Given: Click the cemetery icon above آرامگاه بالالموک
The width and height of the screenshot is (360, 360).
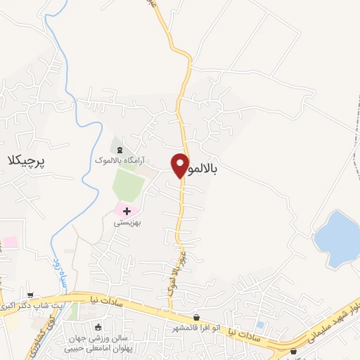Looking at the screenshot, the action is point(119,150).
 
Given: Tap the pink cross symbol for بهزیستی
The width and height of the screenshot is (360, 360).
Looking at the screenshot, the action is point(127,210).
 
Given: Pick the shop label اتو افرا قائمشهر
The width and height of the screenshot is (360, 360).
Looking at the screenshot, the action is point(197,328).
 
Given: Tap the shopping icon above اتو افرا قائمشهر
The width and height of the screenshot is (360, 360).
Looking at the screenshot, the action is point(196,317).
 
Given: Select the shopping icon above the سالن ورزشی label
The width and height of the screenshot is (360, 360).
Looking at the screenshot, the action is point(97,326).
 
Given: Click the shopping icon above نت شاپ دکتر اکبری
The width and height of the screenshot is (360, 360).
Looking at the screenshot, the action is point(30,296).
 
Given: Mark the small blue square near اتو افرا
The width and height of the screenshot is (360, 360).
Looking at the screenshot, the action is point(261,325).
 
